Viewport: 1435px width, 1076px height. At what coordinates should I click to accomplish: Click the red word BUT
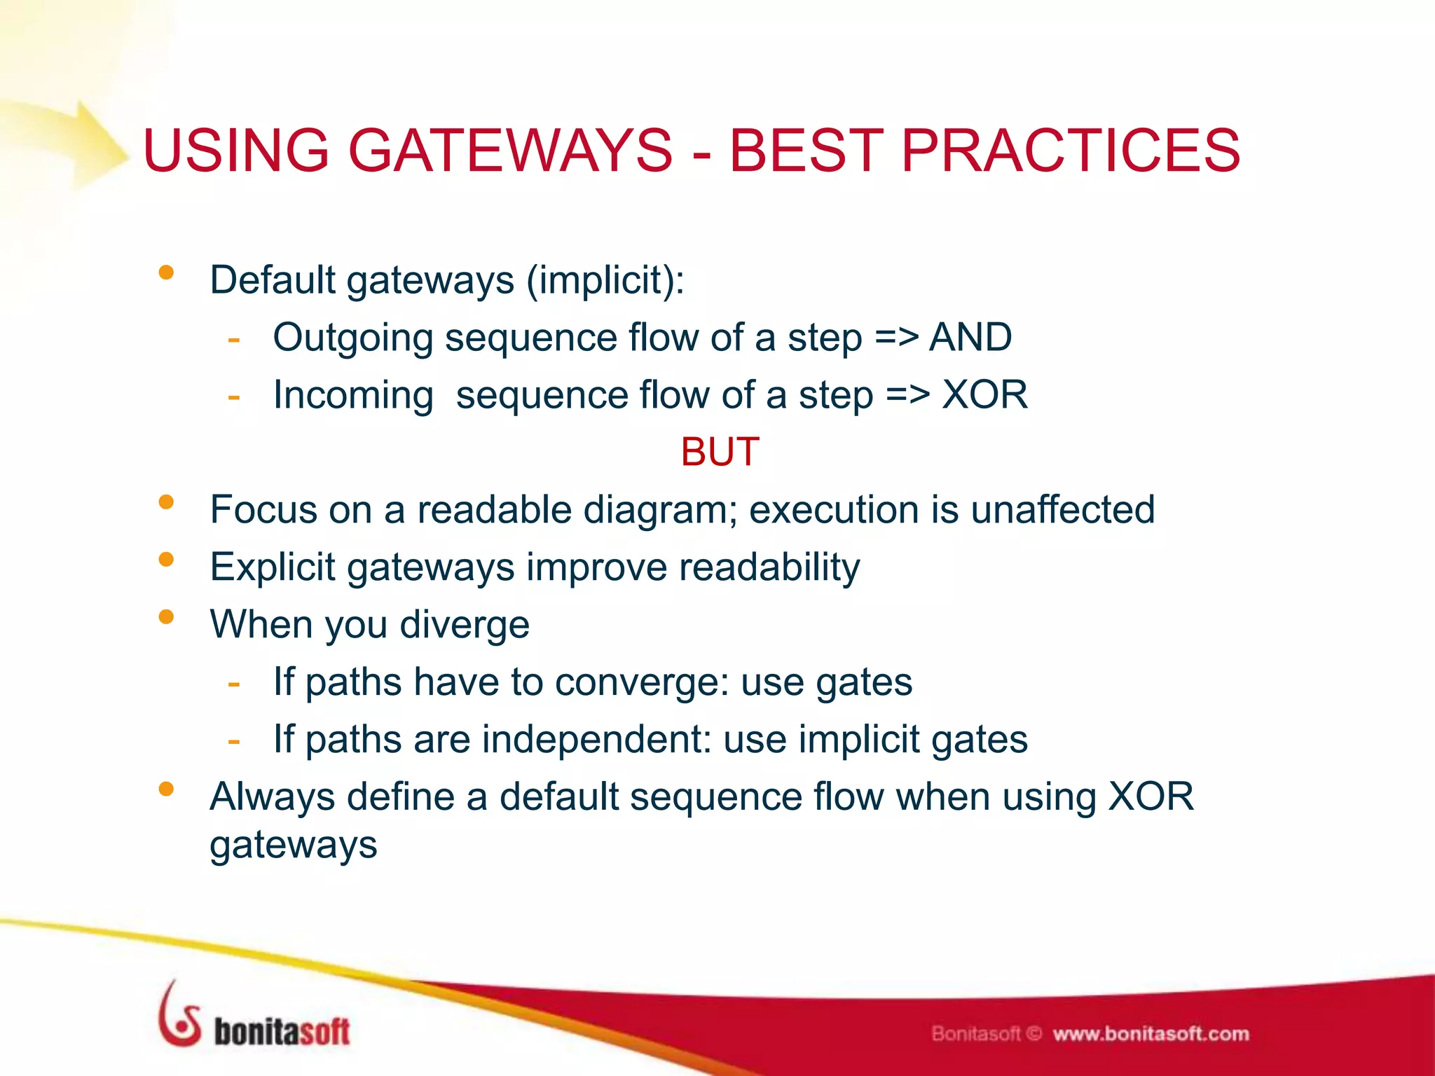(720, 452)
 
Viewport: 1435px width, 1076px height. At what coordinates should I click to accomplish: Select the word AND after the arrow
(970, 338)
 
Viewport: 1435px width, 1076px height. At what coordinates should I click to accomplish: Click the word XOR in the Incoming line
(984, 395)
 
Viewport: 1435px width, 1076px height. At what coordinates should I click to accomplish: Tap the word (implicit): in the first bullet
(605, 280)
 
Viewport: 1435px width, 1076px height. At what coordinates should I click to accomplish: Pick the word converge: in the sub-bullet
(641, 682)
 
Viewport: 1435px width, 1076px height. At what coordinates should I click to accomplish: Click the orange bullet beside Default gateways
(166, 273)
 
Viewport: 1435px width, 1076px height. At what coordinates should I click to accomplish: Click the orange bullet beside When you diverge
(166, 617)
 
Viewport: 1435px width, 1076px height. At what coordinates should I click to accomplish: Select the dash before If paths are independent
(234, 740)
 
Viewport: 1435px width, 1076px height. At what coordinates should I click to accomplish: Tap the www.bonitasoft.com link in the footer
(1151, 1034)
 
